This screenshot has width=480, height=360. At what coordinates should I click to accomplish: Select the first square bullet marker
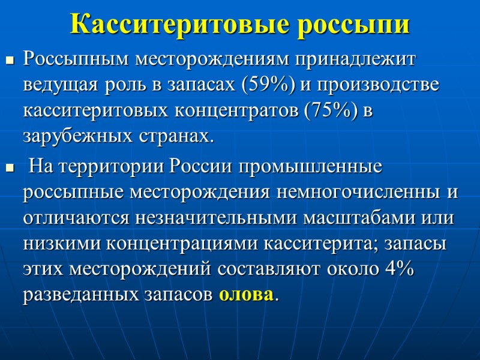9,60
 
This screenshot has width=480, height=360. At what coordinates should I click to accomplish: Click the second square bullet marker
9,167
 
